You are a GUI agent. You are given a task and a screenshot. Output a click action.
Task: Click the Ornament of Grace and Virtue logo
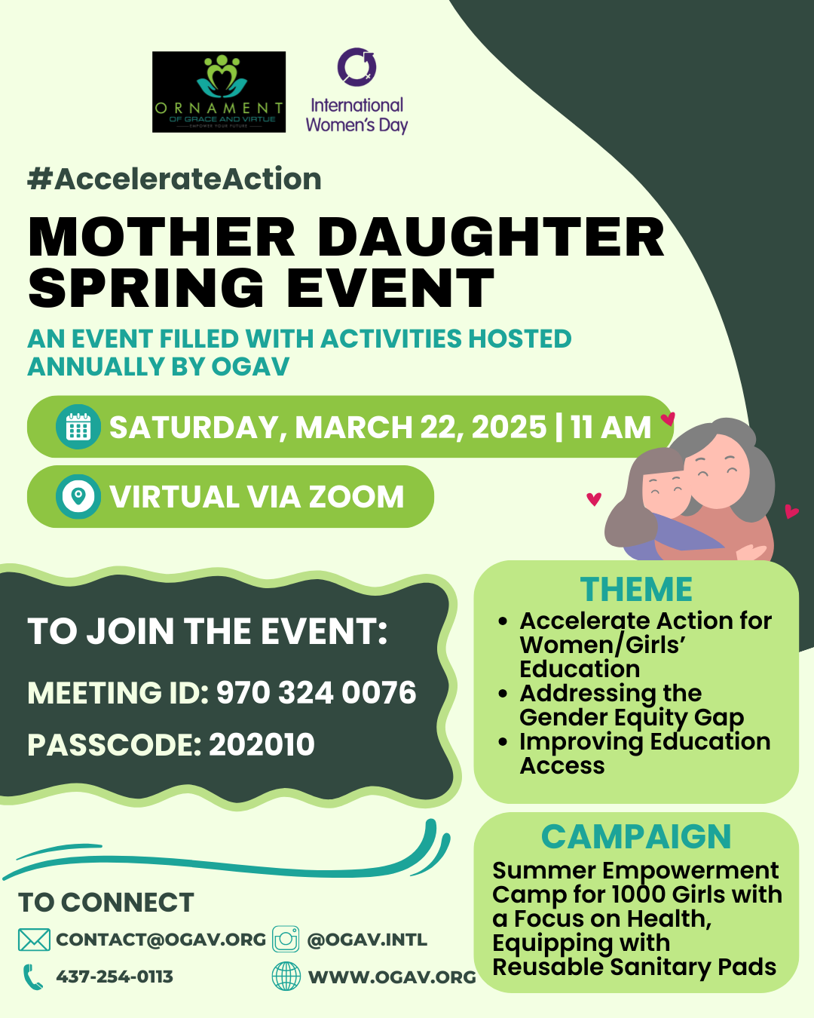(x=219, y=92)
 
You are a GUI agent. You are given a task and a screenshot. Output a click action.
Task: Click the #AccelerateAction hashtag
(x=175, y=179)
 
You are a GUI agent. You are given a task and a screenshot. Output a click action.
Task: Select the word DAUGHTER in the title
(x=491, y=237)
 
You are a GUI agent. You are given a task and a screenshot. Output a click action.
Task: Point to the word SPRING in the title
(x=146, y=287)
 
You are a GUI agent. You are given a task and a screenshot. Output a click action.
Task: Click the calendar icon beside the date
(x=78, y=427)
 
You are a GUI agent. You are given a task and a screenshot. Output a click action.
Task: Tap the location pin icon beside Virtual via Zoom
(x=78, y=497)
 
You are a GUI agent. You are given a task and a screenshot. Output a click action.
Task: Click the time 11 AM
(x=611, y=427)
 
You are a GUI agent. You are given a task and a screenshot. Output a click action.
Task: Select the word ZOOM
(x=357, y=497)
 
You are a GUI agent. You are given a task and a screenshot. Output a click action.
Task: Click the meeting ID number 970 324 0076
(x=317, y=692)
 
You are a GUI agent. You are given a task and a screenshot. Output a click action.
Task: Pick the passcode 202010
(x=262, y=744)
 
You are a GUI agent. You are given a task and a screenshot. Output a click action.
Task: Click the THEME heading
(x=636, y=590)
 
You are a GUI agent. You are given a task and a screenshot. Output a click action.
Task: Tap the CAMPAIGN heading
(x=636, y=837)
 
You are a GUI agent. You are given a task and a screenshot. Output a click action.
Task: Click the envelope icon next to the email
(x=34, y=940)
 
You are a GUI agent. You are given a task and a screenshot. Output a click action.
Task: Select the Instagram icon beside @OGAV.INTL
(x=286, y=939)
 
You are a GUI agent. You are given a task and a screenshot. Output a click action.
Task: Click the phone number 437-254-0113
(x=115, y=977)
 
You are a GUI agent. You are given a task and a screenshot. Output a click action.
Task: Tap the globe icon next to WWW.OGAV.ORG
(x=286, y=977)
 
